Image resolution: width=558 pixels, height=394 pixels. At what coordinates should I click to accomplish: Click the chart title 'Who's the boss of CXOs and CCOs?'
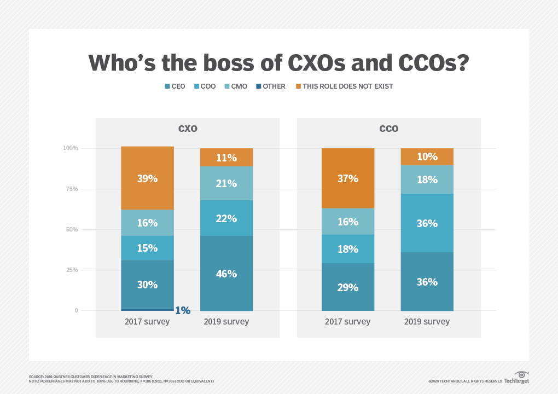tap(278, 62)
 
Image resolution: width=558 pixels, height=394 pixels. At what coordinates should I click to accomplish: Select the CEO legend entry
tap(175, 86)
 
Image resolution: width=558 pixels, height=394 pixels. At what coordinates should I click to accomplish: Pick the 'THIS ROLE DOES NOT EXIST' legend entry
tap(344, 86)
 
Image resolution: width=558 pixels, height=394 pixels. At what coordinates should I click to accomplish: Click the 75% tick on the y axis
tap(71, 189)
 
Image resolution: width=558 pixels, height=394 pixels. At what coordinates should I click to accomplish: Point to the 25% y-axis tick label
tap(71, 270)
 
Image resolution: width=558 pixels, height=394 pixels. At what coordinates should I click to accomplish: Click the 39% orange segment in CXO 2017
tap(147, 178)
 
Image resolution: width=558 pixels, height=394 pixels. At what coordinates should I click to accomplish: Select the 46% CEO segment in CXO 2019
tap(226, 273)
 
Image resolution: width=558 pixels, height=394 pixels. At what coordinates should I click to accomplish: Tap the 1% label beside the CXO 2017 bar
tap(182, 310)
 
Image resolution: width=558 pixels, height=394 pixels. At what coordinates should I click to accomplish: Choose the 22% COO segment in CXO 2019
tap(226, 218)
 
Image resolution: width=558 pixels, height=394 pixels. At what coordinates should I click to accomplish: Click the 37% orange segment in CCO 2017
tap(348, 178)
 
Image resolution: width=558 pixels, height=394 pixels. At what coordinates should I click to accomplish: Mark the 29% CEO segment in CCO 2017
tap(348, 287)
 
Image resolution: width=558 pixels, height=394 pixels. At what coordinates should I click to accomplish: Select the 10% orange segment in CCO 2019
tap(427, 157)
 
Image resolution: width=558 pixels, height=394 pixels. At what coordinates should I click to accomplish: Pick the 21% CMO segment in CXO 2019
tap(226, 183)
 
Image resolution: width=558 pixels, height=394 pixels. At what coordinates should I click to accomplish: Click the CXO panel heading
tap(188, 129)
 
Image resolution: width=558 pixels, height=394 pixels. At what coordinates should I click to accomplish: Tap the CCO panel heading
tap(389, 129)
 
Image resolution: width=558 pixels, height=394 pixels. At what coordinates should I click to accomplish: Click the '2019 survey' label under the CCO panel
tap(427, 322)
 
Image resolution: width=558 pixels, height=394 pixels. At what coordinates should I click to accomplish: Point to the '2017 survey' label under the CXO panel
tap(147, 322)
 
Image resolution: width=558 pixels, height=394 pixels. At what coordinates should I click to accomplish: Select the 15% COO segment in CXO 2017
tap(147, 248)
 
